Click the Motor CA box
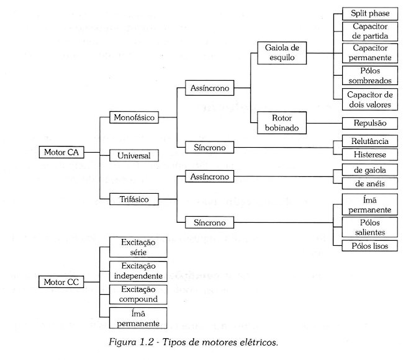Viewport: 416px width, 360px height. coord(60,153)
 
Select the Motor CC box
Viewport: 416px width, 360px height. coord(60,282)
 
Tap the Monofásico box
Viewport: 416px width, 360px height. coord(134,117)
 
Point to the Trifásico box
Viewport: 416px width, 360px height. coord(134,199)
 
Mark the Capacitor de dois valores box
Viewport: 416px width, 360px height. coord(371,99)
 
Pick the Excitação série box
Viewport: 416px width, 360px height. coord(138,246)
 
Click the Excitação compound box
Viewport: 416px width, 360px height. coord(138,294)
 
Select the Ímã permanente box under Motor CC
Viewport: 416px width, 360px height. coord(138,318)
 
